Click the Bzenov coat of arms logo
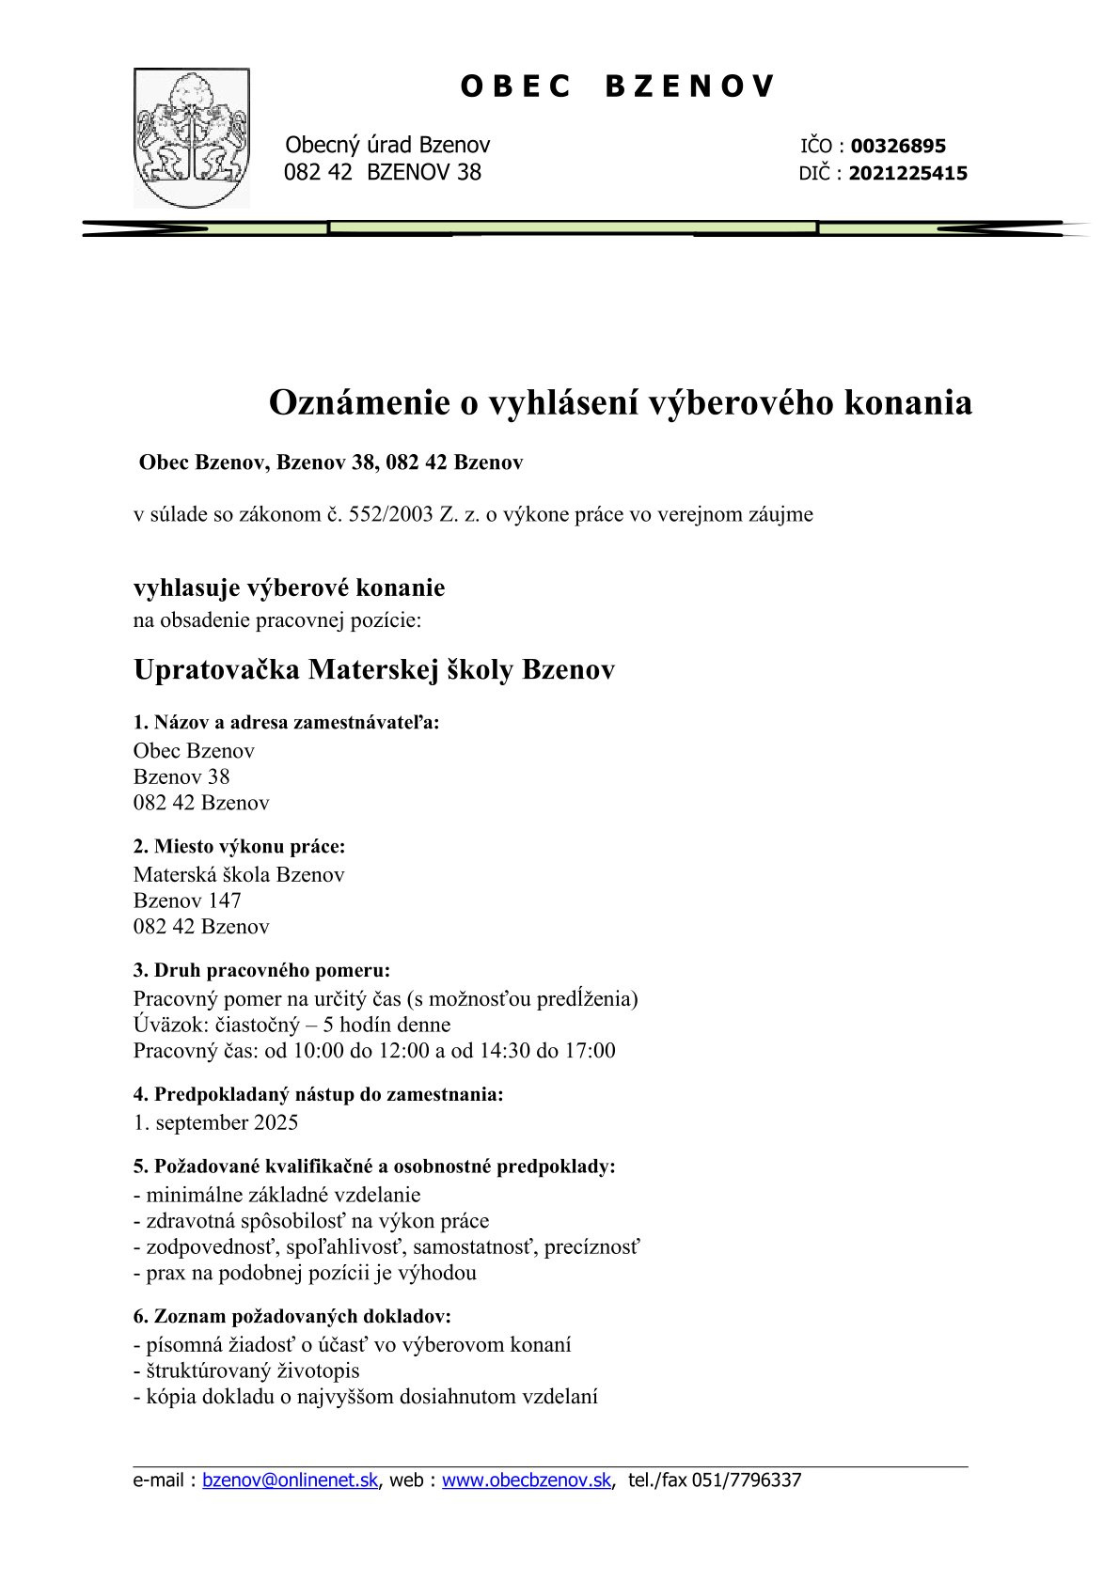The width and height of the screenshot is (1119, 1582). (192, 137)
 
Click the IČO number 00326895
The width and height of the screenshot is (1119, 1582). (898, 147)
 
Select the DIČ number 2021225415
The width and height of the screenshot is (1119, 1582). (907, 174)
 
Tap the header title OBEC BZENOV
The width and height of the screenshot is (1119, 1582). (618, 86)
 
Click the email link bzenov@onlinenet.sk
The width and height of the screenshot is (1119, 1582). (291, 1480)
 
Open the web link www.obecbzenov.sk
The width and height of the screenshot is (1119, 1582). (527, 1480)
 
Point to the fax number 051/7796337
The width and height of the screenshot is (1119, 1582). (747, 1480)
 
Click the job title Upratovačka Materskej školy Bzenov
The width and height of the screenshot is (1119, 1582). (374, 670)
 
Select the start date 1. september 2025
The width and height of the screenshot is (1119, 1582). (215, 1122)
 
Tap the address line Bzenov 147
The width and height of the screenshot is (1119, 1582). (187, 901)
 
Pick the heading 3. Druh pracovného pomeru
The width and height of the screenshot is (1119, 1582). (261, 970)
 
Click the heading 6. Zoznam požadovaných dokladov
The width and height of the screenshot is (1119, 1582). (292, 1317)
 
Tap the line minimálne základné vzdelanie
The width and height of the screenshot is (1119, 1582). (277, 1196)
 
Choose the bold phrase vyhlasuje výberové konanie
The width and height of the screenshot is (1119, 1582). (290, 588)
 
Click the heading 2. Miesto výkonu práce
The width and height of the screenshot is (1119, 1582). (240, 846)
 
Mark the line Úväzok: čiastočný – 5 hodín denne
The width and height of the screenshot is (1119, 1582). (292, 1025)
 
